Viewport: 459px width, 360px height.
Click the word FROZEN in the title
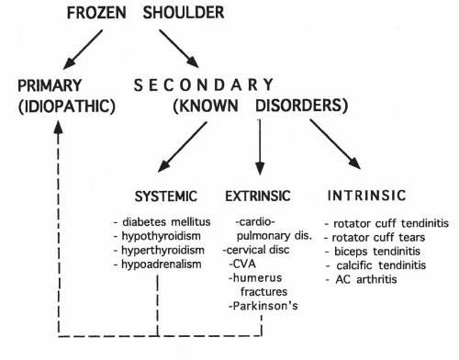[x=96, y=13]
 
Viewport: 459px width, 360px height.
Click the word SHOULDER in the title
[x=184, y=13]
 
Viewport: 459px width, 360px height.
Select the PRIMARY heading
[x=50, y=85]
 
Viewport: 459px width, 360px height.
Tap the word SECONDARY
[x=204, y=84]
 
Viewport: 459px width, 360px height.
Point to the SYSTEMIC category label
[x=166, y=197]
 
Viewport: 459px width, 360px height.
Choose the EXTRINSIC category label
[x=258, y=196]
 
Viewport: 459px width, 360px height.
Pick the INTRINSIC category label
[x=367, y=196]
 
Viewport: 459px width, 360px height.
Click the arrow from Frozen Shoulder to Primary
[x=83, y=50]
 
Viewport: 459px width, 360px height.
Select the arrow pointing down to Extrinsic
[x=260, y=147]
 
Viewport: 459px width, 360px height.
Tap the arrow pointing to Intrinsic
[x=335, y=144]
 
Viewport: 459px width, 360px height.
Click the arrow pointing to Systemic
[x=182, y=147]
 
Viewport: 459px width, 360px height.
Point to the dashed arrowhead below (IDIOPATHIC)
[x=58, y=127]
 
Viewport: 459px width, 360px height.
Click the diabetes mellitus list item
[x=162, y=221]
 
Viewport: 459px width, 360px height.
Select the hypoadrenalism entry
[x=157, y=264]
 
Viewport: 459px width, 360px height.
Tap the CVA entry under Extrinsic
[x=242, y=264]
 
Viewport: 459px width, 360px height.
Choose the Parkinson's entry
[x=263, y=306]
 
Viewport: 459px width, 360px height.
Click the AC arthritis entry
[x=361, y=279]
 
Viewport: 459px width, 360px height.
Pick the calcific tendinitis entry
[x=375, y=265]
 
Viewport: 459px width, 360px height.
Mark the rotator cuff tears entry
[x=375, y=237]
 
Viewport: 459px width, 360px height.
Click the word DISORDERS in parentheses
[x=302, y=106]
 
